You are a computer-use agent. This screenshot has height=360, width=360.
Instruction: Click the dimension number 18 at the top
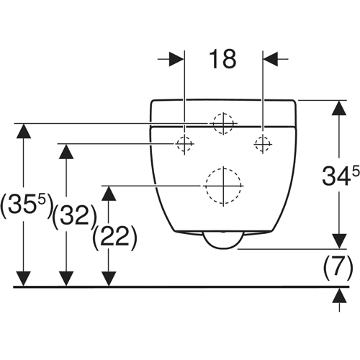click(222, 59)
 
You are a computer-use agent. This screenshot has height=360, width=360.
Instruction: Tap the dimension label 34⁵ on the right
click(341, 175)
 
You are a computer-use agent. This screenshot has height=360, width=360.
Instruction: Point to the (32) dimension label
click(74, 216)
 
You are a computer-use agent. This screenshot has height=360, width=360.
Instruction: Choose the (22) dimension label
click(114, 236)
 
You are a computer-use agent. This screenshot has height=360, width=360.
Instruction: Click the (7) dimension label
click(338, 268)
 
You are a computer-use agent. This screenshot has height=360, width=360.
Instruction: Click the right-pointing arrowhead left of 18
click(176, 59)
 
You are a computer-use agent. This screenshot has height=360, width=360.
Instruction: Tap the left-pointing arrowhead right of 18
click(271, 59)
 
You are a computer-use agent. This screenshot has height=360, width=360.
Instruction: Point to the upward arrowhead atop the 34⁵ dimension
click(339, 108)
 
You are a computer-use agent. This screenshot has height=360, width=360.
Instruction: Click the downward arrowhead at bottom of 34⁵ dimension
click(339, 241)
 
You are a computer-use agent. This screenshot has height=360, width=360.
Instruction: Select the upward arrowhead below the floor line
click(339, 295)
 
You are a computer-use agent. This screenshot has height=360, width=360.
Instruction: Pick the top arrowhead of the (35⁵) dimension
click(24, 131)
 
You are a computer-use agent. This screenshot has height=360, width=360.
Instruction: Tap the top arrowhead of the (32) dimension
click(66, 151)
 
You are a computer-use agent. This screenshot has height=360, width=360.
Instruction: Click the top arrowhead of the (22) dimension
click(109, 193)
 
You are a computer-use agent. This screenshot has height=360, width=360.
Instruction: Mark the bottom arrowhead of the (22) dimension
click(109, 279)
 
